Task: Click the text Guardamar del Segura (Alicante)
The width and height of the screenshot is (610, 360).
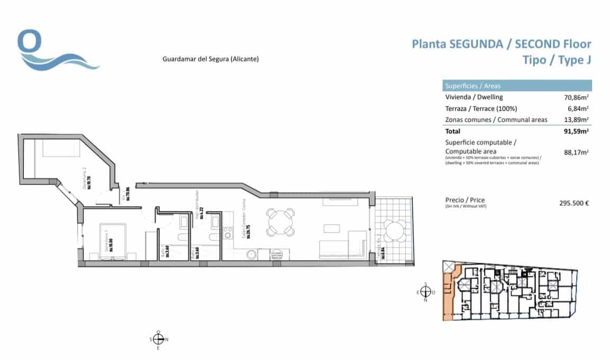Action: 210,60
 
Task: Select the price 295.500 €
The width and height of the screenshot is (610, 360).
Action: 574,202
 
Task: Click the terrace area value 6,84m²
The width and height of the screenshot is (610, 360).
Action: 580,108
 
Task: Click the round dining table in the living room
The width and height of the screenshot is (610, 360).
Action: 280,222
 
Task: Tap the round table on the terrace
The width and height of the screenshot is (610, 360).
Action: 394,230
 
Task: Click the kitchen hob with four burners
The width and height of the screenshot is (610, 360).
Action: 229,233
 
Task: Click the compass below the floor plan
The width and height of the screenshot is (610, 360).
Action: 158,339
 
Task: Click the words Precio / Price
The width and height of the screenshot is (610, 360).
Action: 465,200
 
